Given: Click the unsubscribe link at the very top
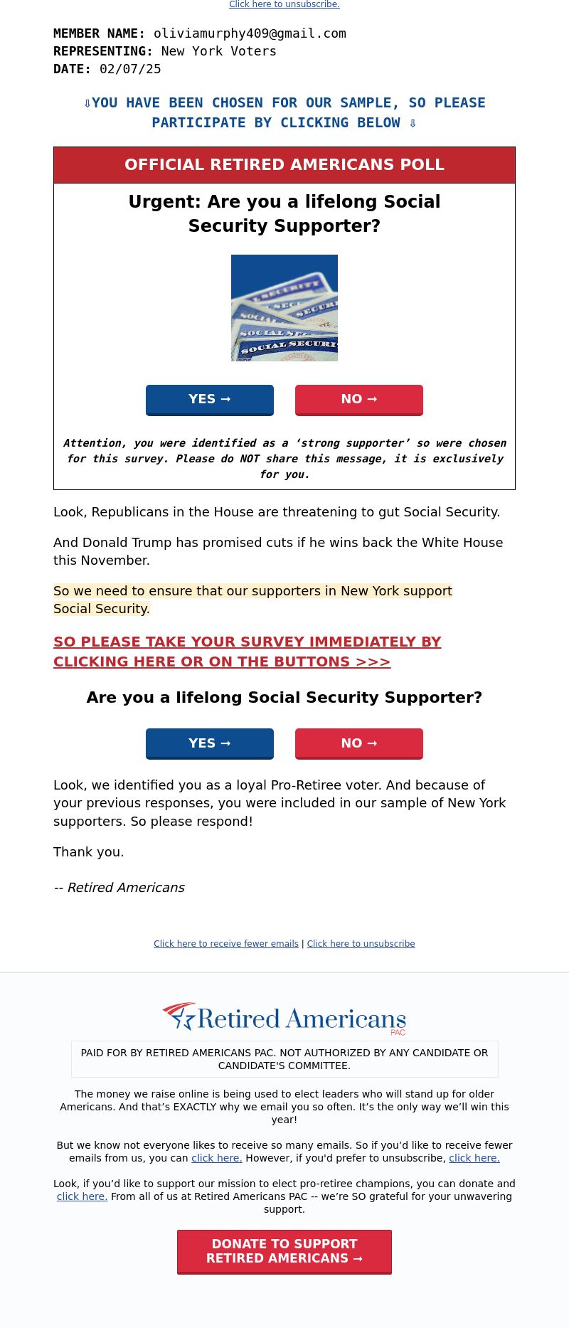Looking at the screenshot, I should coord(284,4).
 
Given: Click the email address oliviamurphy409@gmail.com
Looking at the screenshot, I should coord(250,33).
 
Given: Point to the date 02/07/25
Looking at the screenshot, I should coord(130,69).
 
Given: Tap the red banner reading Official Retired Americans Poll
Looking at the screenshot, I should coord(284,165).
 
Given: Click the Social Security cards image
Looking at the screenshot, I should coord(284,308).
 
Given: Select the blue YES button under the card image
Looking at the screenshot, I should coord(210,399).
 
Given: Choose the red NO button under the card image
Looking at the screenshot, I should coord(359,399).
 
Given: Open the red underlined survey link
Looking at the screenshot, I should coord(247,652).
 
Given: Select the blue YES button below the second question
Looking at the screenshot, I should coord(210,743).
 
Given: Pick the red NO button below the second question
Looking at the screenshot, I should coord(359,743).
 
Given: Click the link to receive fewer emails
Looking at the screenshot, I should coord(226,944).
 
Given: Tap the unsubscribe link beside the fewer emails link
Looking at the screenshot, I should coord(361,944).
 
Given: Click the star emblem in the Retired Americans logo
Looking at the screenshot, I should coord(180,1016).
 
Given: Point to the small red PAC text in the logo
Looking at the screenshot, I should coord(398,1032).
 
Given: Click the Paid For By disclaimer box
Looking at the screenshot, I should coord(284,1059).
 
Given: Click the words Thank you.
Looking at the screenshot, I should coord(88,852).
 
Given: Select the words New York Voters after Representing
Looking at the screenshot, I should coord(218,51).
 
